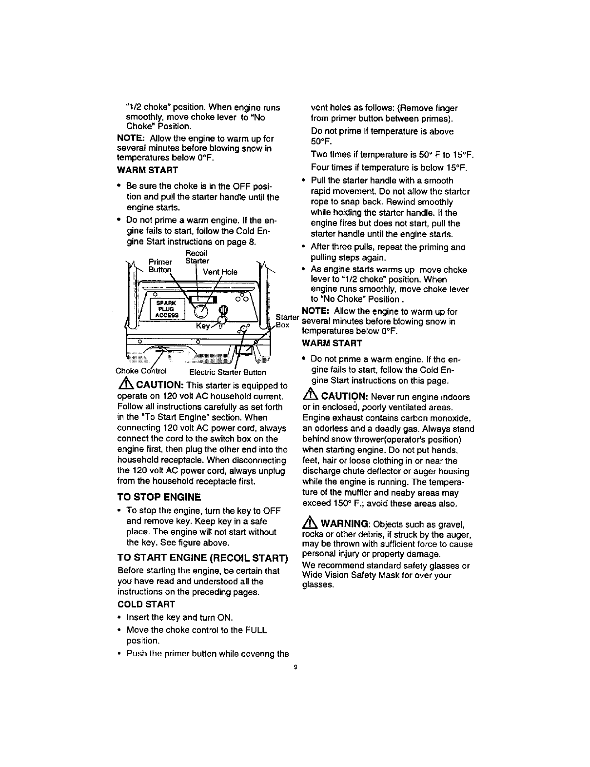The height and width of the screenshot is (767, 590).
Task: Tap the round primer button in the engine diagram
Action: point(200,310)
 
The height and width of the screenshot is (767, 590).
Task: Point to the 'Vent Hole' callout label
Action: point(220,272)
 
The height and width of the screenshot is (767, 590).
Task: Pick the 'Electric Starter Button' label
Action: point(227,372)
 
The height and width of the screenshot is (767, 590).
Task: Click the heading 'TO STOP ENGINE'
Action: point(159,498)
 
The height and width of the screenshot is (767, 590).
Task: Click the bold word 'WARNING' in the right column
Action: point(344,524)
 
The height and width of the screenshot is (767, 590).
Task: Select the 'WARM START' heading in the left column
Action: point(147,170)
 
